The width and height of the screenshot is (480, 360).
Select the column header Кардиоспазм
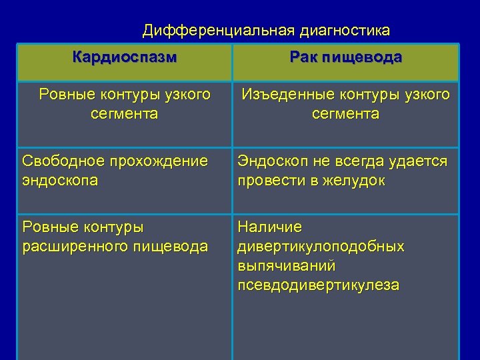[x=125, y=57]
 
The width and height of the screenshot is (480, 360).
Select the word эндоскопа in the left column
[x=60, y=180]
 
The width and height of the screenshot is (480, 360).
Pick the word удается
[x=420, y=162]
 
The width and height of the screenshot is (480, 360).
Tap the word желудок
[x=356, y=180]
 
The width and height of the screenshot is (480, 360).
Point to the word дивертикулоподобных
[x=321, y=247]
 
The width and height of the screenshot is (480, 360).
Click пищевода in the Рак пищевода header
[x=363, y=57]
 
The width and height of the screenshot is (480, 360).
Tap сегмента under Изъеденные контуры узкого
[x=345, y=114]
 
